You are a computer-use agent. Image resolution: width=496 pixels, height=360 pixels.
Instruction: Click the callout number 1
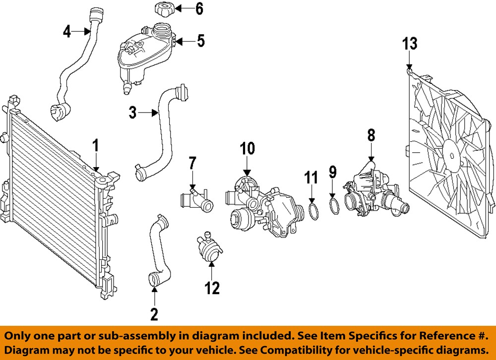click(x=96, y=146)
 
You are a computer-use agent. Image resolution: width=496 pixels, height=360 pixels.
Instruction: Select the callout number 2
click(x=154, y=313)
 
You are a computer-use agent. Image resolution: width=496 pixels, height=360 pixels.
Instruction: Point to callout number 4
click(x=67, y=32)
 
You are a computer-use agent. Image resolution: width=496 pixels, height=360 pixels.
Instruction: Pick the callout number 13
click(x=410, y=44)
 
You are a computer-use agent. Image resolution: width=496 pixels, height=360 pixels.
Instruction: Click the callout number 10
click(x=248, y=148)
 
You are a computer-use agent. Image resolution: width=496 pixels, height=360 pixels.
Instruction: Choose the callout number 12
click(x=212, y=288)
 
